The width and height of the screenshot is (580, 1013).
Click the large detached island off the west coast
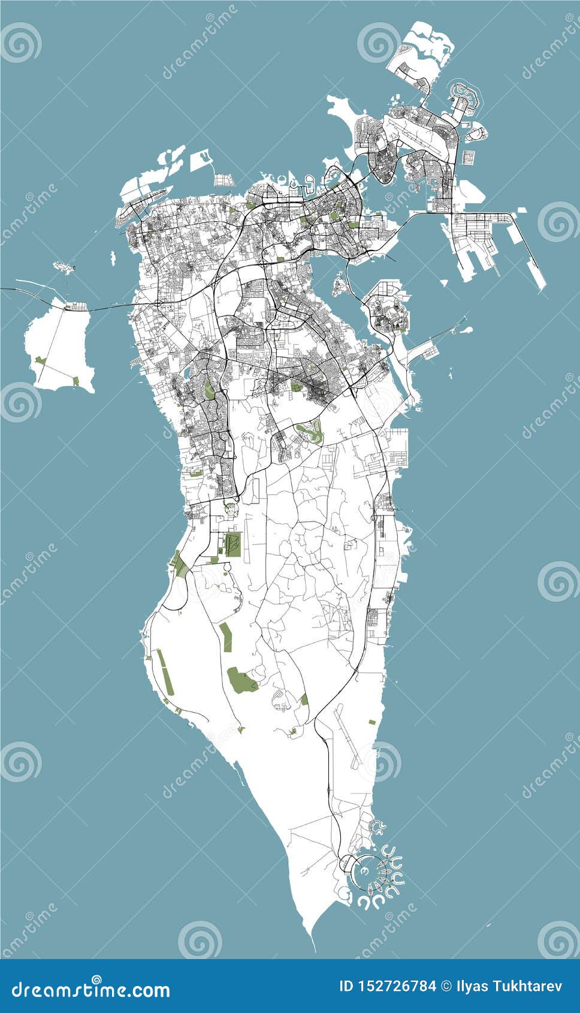60,345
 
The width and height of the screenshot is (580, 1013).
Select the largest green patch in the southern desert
241,679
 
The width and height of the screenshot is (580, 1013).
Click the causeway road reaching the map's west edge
12,290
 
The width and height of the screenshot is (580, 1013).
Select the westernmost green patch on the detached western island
40,360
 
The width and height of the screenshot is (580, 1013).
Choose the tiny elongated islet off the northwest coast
113,258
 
